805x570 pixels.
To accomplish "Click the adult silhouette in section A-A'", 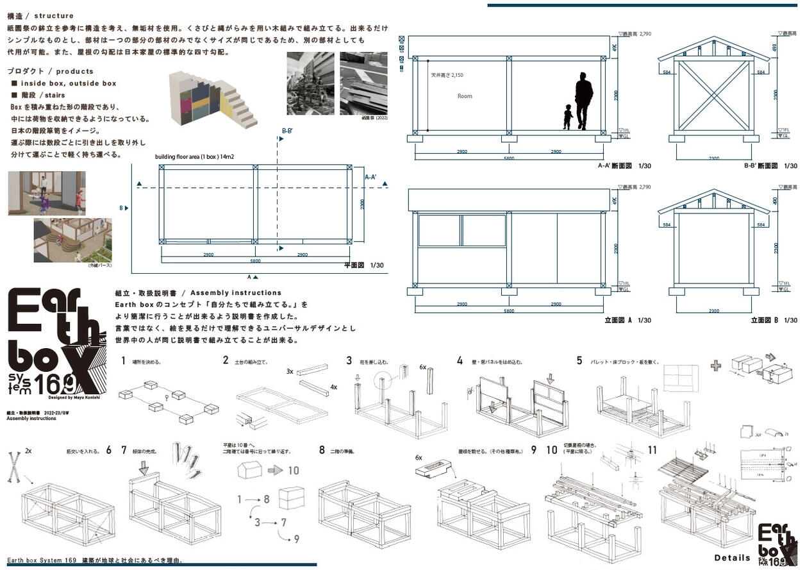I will (583, 101).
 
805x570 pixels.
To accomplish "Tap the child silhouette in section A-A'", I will (568, 117).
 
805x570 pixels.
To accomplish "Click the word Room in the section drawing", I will (465, 96).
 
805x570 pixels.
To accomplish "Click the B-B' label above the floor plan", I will (288, 131).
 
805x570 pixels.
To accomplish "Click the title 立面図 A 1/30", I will (627, 320).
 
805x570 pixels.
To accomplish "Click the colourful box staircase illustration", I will (212, 99).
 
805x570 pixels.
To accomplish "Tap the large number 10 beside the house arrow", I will (293, 471).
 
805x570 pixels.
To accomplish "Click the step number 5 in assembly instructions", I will (579, 361).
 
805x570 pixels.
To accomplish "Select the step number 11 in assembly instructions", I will (652, 450).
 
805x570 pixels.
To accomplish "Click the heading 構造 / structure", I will (40, 16).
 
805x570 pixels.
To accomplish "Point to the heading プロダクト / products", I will (51, 71).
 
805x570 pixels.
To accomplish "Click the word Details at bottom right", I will (732, 558).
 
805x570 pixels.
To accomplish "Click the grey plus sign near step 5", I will (716, 365).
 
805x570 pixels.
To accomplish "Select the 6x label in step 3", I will (423, 367).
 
